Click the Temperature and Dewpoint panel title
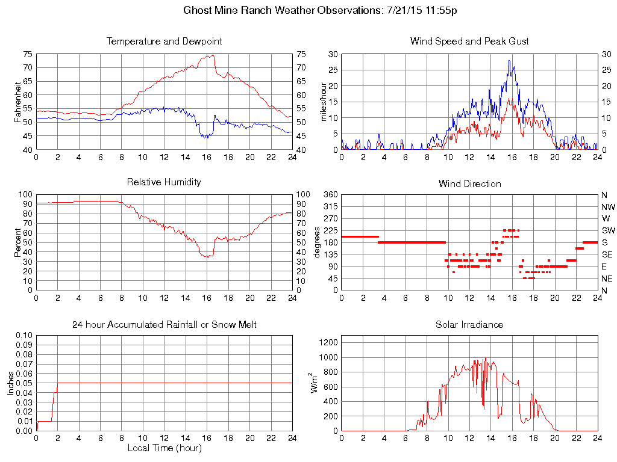click(x=164, y=42)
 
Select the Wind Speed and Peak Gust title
click(x=469, y=42)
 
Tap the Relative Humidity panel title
click(x=164, y=182)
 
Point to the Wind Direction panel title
click(x=469, y=183)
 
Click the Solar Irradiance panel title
click(x=469, y=325)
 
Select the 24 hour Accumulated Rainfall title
click(x=164, y=325)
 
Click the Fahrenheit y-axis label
click(x=17, y=102)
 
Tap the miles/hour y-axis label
click(x=323, y=102)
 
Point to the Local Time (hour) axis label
click(x=164, y=448)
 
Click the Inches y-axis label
click(x=10, y=383)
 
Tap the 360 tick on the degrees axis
click(x=328, y=195)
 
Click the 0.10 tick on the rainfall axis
click(x=23, y=335)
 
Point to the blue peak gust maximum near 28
click(x=509, y=60)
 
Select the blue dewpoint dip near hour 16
click(x=206, y=138)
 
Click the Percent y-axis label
click(x=17, y=242)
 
